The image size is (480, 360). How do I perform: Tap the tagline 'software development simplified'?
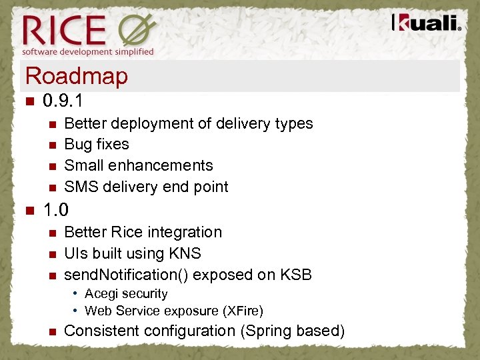(88, 51)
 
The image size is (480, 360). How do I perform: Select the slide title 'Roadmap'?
(75, 76)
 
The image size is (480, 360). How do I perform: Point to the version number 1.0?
(56, 210)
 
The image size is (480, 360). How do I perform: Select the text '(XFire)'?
(241, 311)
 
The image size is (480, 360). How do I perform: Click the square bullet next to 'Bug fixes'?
(52, 145)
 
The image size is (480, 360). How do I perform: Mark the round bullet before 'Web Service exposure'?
(76, 311)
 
